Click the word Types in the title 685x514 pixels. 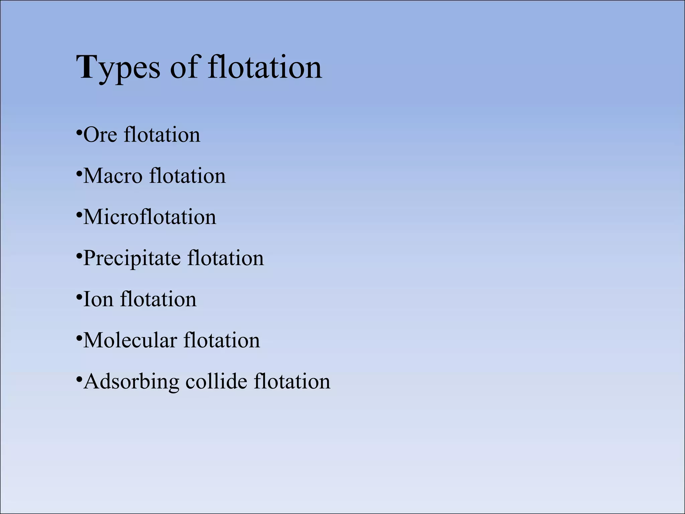click(118, 68)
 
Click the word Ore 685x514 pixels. click(100, 135)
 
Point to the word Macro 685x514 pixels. click(112, 176)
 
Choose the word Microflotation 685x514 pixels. click(150, 217)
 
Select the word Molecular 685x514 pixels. click(130, 341)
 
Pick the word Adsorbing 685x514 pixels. click(131, 382)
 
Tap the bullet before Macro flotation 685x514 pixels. click(79, 173)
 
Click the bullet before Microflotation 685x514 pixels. click(79, 215)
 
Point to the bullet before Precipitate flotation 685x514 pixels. click(79, 256)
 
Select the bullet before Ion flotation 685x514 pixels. click(79, 297)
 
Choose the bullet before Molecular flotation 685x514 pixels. click(79, 338)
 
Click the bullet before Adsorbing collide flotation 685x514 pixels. click(79, 379)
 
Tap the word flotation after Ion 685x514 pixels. click(158, 299)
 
